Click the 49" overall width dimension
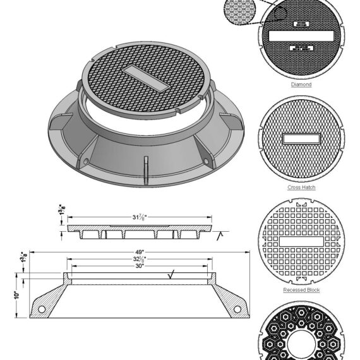[139, 251]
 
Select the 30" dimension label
[138, 266]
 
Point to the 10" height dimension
[18, 295]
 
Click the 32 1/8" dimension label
[139, 259]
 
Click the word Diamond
[301, 84]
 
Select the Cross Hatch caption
[301, 187]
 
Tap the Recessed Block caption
[301, 290]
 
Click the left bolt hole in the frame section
[42, 309]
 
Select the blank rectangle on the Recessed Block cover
[301, 241]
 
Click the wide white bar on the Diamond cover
[302, 36]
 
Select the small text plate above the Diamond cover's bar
[301, 24]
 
